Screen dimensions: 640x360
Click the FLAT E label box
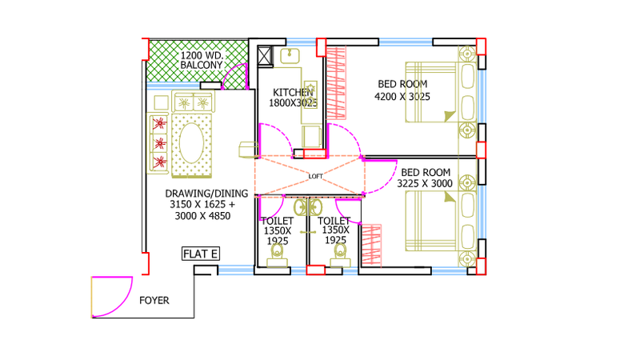click(201, 254)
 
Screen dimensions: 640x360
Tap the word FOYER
click(154, 301)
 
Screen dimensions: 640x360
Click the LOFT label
click(315, 176)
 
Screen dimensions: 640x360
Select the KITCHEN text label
click(293, 92)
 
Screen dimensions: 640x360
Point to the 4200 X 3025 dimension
click(402, 97)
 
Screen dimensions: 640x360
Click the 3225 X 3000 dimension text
click(425, 184)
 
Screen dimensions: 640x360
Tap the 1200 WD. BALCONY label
click(202, 61)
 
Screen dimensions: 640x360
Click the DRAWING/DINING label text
click(206, 194)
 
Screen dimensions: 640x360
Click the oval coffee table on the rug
click(191, 143)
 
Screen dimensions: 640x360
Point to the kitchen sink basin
click(290, 56)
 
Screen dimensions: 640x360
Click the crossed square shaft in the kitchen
click(265, 56)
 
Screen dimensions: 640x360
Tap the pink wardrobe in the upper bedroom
click(336, 83)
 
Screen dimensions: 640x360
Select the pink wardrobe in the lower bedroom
click(371, 245)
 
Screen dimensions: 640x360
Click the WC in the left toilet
click(277, 255)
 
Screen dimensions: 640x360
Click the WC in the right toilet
click(339, 255)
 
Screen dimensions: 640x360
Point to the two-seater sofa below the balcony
click(193, 102)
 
